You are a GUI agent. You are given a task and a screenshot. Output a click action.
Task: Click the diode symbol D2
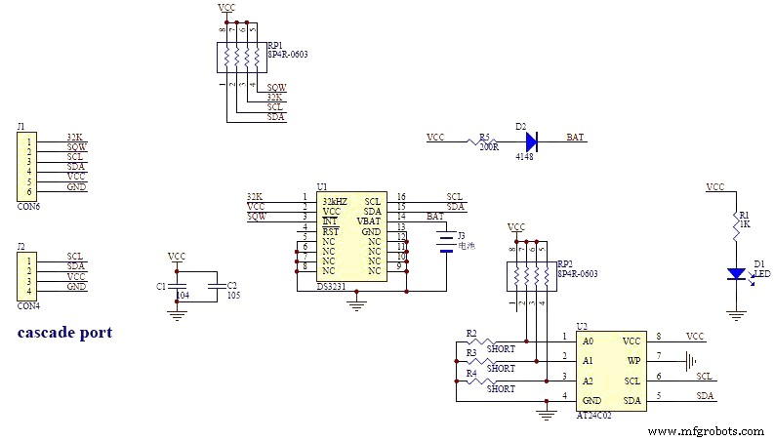coord(531,140)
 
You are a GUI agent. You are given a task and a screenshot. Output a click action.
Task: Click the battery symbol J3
coord(446,242)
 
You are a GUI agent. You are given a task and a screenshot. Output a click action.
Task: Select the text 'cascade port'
coord(64,333)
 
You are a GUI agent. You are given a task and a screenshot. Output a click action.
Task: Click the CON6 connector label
coord(28,207)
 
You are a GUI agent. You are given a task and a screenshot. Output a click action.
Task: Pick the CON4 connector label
coord(28,305)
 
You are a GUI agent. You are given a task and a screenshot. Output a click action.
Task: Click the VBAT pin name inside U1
coord(368,220)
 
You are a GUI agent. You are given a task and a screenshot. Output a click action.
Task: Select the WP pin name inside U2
coord(633,361)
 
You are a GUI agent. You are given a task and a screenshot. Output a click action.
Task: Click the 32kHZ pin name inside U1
coord(335,199)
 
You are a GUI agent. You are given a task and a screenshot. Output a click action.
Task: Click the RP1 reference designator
coord(274,44)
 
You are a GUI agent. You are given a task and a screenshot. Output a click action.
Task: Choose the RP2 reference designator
coord(564,262)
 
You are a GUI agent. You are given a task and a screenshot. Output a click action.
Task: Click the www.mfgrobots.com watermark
coord(705,430)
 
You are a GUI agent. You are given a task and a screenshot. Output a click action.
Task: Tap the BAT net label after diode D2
coord(576,139)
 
